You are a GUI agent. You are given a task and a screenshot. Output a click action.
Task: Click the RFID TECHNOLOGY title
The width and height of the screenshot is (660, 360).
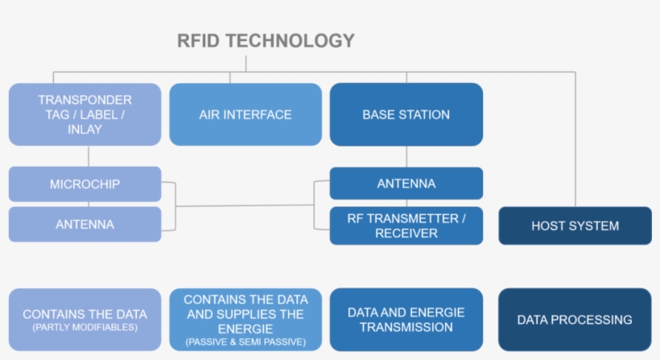266,40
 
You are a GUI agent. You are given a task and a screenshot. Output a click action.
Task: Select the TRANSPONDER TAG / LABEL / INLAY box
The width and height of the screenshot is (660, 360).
85,114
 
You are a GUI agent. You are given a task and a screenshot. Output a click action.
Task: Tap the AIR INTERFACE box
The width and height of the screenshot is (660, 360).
245,114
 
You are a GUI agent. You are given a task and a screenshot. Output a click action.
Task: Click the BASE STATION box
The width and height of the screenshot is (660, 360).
406,114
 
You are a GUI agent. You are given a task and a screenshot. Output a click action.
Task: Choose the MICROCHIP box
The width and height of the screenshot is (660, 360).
85,184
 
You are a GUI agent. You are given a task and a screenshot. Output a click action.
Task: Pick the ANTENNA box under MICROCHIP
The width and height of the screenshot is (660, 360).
85,225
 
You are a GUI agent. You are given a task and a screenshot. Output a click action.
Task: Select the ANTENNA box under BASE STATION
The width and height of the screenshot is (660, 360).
406,184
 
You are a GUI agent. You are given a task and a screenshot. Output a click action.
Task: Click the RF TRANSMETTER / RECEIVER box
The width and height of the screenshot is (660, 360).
406,226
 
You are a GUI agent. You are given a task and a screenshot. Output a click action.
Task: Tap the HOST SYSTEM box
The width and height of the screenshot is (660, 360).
575,226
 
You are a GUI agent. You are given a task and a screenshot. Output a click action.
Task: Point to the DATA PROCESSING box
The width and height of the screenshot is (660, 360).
575,320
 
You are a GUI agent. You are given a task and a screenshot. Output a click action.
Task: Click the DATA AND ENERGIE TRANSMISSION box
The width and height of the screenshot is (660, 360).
406,320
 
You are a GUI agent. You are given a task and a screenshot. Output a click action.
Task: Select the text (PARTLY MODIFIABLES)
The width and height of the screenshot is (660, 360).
85,329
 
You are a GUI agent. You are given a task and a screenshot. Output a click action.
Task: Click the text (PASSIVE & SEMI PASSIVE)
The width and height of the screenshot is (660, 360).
245,342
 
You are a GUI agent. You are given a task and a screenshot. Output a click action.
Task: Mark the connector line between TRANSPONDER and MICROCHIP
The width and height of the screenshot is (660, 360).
88,156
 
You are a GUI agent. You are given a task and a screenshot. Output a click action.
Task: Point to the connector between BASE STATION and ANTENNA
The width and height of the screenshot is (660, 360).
406,156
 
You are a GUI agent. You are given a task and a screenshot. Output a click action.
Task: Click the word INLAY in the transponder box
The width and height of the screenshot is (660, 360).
85,129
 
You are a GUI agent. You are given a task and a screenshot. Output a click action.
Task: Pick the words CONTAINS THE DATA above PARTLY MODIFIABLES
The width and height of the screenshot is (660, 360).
85,314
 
